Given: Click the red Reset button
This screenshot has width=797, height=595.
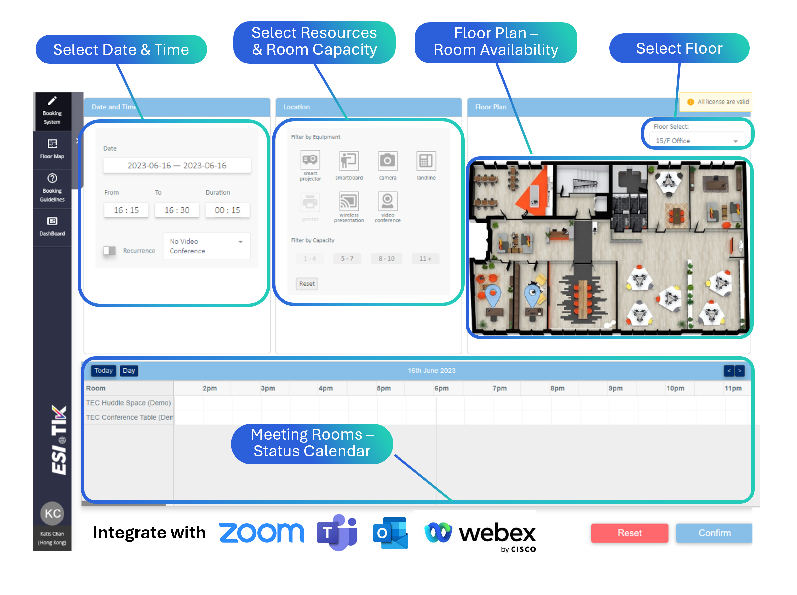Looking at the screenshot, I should (x=629, y=533).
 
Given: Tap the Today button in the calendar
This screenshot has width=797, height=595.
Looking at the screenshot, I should (x=103, y=371).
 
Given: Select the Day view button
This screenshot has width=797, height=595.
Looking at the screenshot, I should (x=128, y=371).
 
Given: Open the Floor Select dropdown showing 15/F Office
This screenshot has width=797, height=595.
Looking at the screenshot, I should (x=696, y=140).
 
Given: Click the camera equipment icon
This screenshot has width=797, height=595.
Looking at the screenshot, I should (x=387, y=161).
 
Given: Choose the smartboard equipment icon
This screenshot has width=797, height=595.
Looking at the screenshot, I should (x=349, y=161).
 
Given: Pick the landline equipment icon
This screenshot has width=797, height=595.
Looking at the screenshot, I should (x=426, y=161).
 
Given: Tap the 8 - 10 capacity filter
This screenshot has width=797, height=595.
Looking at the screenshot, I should (x=386, y=259).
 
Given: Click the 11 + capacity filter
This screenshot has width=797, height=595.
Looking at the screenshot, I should (x=425, y=259).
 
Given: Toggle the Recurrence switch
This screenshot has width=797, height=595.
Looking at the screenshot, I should (x=109, y=251).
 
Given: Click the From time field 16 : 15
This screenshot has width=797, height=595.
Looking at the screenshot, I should (x=126, y=210).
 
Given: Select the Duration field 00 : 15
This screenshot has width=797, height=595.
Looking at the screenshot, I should (x=227, y=210).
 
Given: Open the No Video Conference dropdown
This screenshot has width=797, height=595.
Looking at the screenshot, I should (x=206, y=246).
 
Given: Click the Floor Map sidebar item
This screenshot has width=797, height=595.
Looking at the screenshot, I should (x=52, y=149).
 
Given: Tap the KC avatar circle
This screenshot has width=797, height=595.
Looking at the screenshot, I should (x=53, y=513).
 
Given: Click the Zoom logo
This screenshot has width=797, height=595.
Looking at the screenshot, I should (x=262, y=533).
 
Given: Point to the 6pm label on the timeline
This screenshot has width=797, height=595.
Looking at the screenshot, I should (x=441, y=388).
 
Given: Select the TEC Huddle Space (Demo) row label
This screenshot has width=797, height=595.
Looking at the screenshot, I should (x=128, y=403).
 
